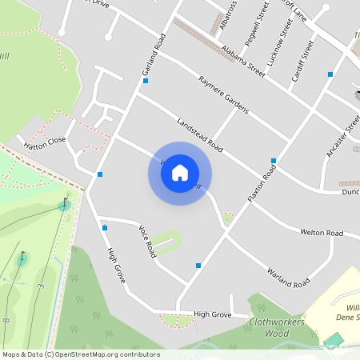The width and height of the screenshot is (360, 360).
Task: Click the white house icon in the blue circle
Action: point(180,173)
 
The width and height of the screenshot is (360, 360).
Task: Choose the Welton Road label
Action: point(321,233)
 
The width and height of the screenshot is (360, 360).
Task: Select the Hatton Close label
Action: point(45,142)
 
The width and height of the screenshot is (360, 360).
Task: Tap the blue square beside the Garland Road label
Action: point(145,81)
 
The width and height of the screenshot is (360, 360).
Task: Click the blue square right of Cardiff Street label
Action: point(330,74)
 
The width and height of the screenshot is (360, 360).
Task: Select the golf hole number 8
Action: point(6,320)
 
